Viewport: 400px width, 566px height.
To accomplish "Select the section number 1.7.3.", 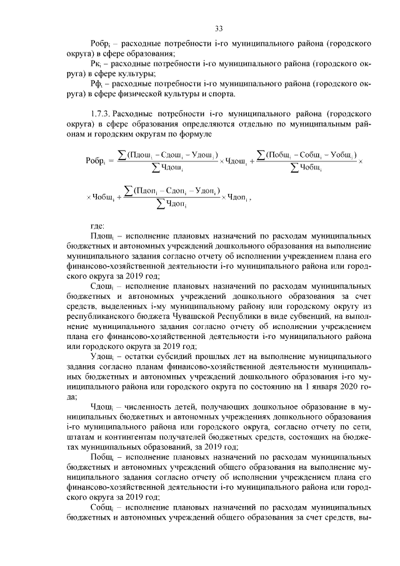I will pos(102,114).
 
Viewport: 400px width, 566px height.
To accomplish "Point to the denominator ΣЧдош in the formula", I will pos(167,167).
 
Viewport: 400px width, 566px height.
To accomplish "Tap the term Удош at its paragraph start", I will pos(101,356).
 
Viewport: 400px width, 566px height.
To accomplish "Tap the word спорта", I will pos(222,94).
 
